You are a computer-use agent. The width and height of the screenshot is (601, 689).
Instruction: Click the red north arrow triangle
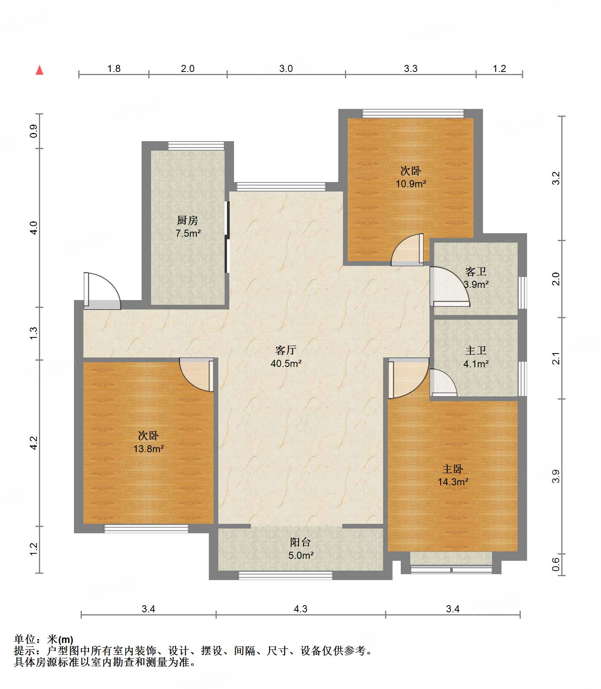(x=39, y=70)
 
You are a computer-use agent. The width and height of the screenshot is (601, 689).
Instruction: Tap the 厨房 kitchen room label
(x=188, y=220)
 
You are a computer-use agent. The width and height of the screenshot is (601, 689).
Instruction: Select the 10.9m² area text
(x=411, y=184)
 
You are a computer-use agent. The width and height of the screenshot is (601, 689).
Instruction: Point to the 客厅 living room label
(x=286, y=350)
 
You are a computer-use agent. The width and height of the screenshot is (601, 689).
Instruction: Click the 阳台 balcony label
(x=300, y=542)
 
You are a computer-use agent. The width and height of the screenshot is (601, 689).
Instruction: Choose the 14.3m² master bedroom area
(x=453, y=482)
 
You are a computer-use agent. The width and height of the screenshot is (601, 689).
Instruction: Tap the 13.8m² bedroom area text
(x=149, y=449)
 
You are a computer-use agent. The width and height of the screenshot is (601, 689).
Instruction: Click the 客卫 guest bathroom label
(x=476, y=271)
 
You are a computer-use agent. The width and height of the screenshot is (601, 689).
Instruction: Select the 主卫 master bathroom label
(x=476, y=350)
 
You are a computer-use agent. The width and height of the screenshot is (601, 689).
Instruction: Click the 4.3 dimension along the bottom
(x=300, y=609)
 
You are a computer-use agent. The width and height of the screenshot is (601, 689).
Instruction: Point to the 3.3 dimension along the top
(x=411, y=68)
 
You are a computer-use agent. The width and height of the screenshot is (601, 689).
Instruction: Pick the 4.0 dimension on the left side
(x=34, y=228)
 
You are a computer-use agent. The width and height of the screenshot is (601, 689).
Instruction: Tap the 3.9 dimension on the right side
(x=555, y=476)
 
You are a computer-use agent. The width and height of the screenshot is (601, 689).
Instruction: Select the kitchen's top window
(x=196, y=146)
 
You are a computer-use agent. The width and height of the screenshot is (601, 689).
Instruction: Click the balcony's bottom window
(x=286, y=575)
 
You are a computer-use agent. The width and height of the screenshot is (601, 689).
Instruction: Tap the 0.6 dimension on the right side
(x=555, y=565)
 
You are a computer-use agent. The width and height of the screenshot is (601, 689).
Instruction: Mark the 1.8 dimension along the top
(x=114, y=68)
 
